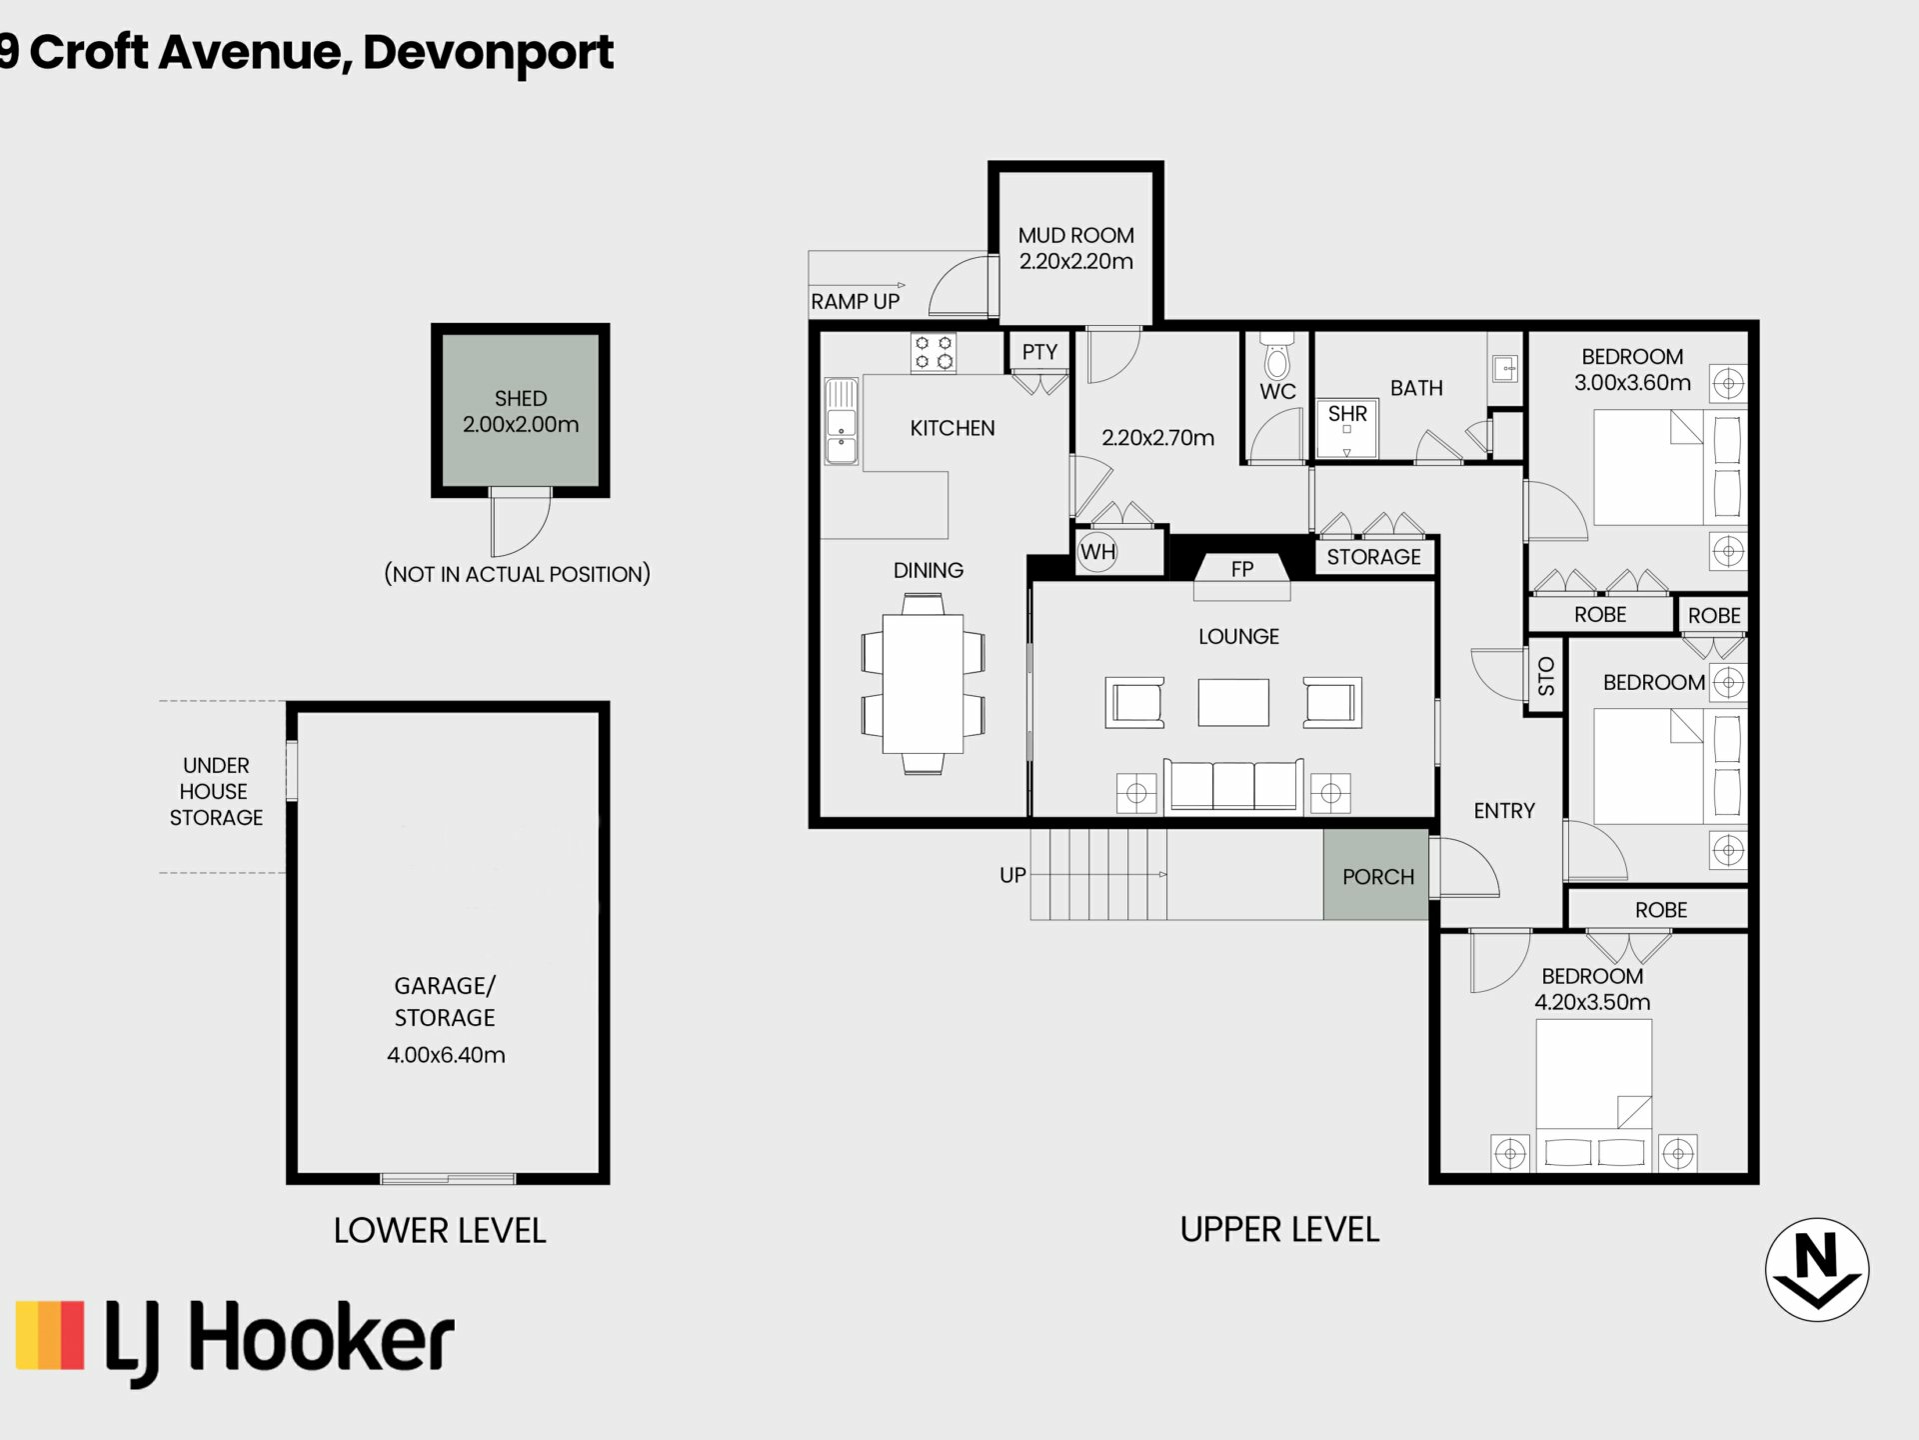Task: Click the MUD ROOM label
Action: tap(1075, 235)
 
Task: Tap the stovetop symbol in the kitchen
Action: tap(934, 353)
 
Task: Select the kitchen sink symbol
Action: tap(841, 421)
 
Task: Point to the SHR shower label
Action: tap(1347, 413)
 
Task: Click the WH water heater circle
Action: tap(1097, 551)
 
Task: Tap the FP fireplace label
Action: tap(1242, 569)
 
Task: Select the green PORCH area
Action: tap(1376, 874)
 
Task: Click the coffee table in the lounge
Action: tap(1233, 702)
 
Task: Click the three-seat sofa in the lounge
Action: tap(1233, 785)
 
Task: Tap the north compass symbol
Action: tap(1817, 1270)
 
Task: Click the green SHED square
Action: tap(521, 410)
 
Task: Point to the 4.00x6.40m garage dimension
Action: tap(446, 1055)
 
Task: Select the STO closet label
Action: tap(1546, 676)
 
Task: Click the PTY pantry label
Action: tap(1039, 352)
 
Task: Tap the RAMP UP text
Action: tap(855, 301)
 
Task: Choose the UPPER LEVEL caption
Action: tap(1279, 1229)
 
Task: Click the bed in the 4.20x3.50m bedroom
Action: tap(1593, 1094)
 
